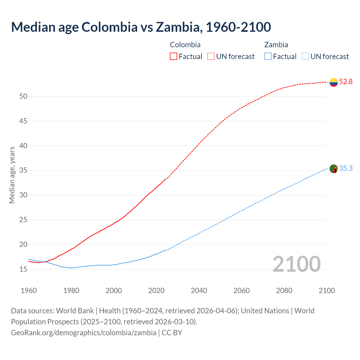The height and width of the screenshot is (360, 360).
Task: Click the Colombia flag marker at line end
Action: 334,82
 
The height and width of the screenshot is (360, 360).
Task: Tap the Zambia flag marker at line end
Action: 334,169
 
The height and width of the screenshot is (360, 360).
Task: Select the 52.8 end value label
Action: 346,82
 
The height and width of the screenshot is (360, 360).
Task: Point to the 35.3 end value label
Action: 346,168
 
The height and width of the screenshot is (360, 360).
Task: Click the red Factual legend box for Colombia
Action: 174,57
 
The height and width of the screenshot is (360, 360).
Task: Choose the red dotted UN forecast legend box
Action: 211,57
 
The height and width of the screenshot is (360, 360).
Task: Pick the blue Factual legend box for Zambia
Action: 268,57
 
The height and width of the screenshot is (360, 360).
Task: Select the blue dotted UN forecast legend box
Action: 305,57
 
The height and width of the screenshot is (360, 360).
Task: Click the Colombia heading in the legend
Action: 185,45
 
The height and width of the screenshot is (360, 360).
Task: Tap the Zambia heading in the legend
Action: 276,45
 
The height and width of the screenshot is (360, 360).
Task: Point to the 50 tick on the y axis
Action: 23,96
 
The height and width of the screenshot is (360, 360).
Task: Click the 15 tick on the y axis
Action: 23,269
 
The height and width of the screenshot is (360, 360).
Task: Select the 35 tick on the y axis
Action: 23,170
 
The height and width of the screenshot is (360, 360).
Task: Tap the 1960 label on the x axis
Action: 29,291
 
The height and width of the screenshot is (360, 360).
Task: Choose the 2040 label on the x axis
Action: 199,291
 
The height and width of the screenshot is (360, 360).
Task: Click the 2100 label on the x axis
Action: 327,291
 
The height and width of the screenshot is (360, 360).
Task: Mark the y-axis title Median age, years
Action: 12,175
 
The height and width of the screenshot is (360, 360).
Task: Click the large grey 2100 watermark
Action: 296,264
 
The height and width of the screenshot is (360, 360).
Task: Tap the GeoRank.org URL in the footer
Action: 84,333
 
